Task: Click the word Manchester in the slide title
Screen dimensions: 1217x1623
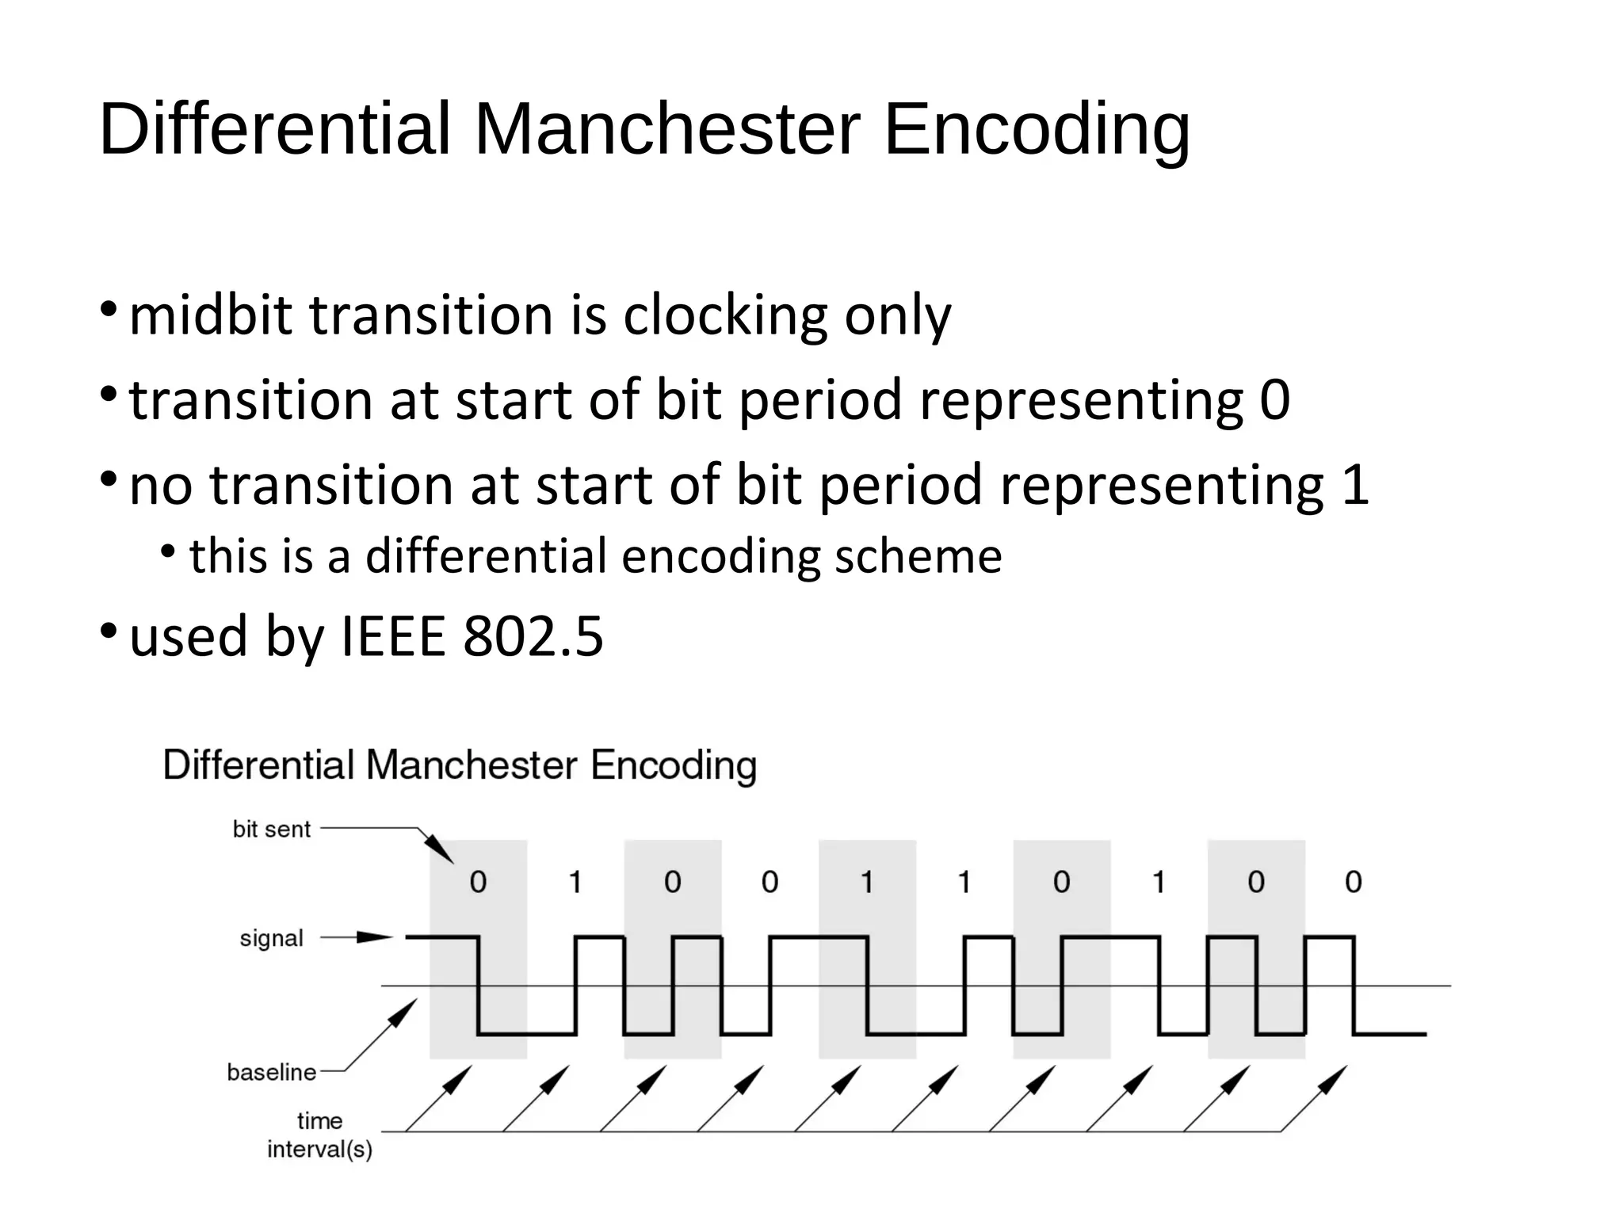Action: (666, 128)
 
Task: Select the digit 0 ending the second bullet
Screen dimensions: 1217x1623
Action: (1274, 400)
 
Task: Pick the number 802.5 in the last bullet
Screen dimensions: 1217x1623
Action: (533, 636)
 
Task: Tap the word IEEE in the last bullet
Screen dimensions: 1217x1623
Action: (393, 636)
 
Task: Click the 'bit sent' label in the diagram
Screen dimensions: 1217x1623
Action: (271, 830)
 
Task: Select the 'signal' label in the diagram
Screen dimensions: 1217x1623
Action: (271, 939)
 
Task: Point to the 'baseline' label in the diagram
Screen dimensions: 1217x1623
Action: (271, 1072)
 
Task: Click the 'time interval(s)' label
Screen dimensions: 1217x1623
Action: (319, 1135)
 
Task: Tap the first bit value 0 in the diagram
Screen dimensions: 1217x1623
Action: (478, 882)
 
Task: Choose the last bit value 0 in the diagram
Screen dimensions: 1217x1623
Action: (1354, 882)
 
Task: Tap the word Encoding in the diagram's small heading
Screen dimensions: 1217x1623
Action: (674, 766)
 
